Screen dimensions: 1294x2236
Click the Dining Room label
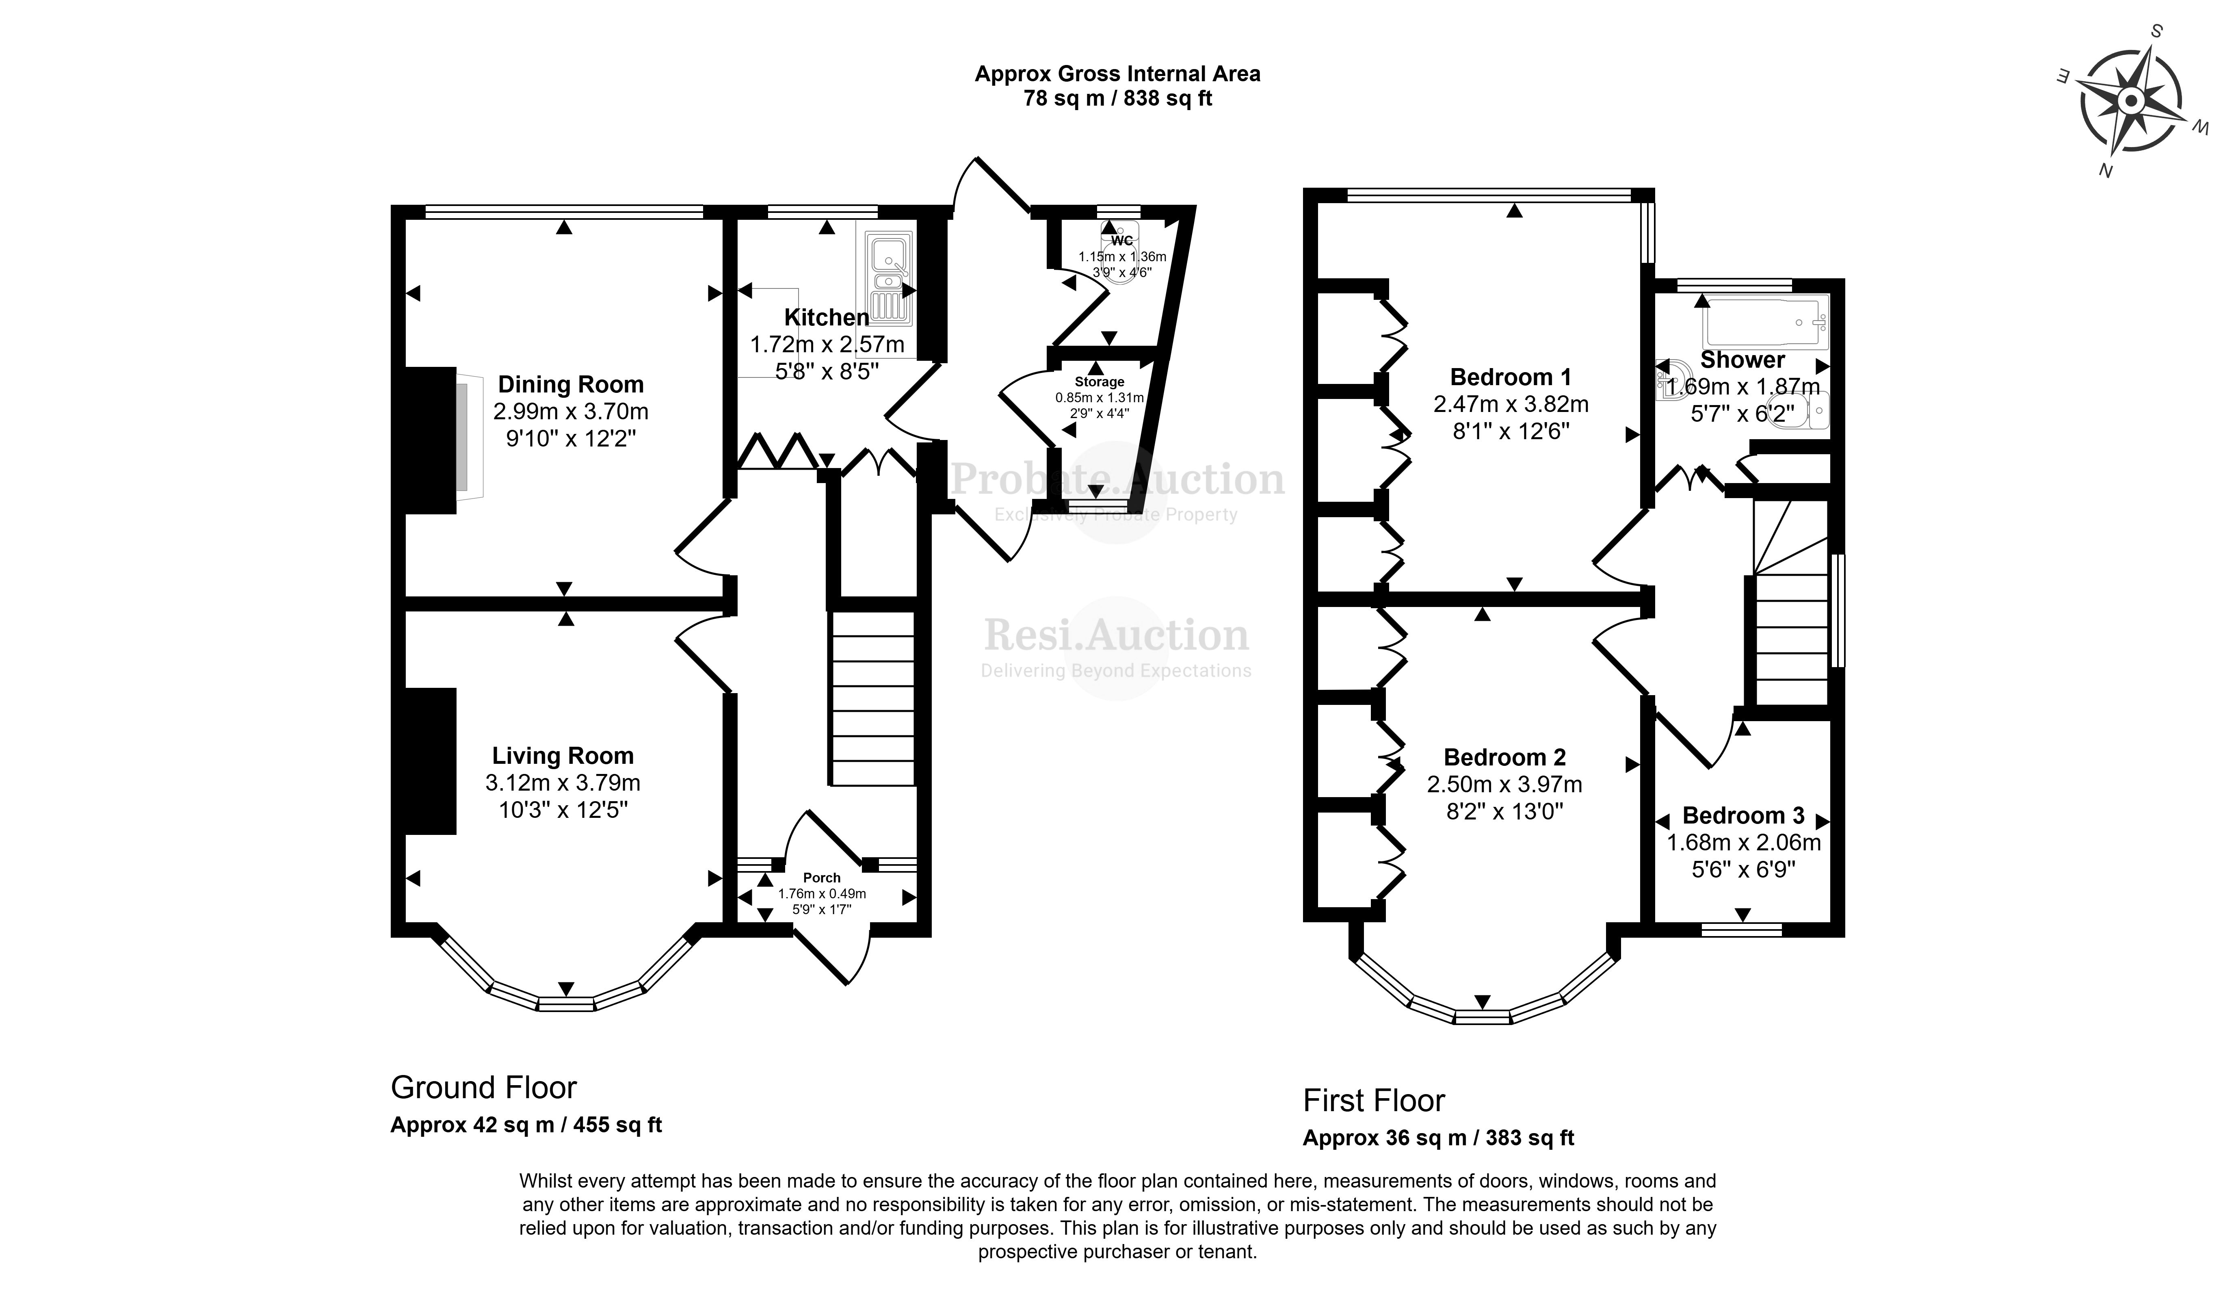point(571,384)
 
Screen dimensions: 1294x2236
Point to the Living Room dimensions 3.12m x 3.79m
point(563,783)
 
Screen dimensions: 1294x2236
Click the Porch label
point(822,878)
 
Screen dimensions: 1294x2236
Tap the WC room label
point(1121,241)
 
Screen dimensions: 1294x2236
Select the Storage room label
point(1100,381)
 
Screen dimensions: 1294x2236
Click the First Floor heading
point(1374,1101)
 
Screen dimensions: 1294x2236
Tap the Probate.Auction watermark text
point(1117,480)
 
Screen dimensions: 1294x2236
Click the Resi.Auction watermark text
point(1116,635)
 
